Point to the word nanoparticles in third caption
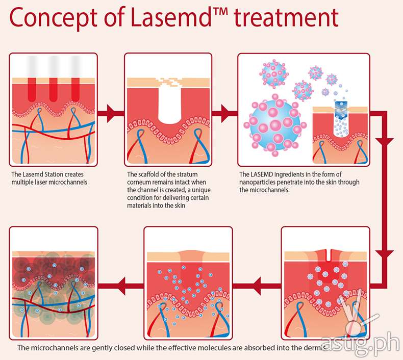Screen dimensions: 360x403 click(x=261, y=183)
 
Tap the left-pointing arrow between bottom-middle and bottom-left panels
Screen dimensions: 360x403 click(x=125, y=281)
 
